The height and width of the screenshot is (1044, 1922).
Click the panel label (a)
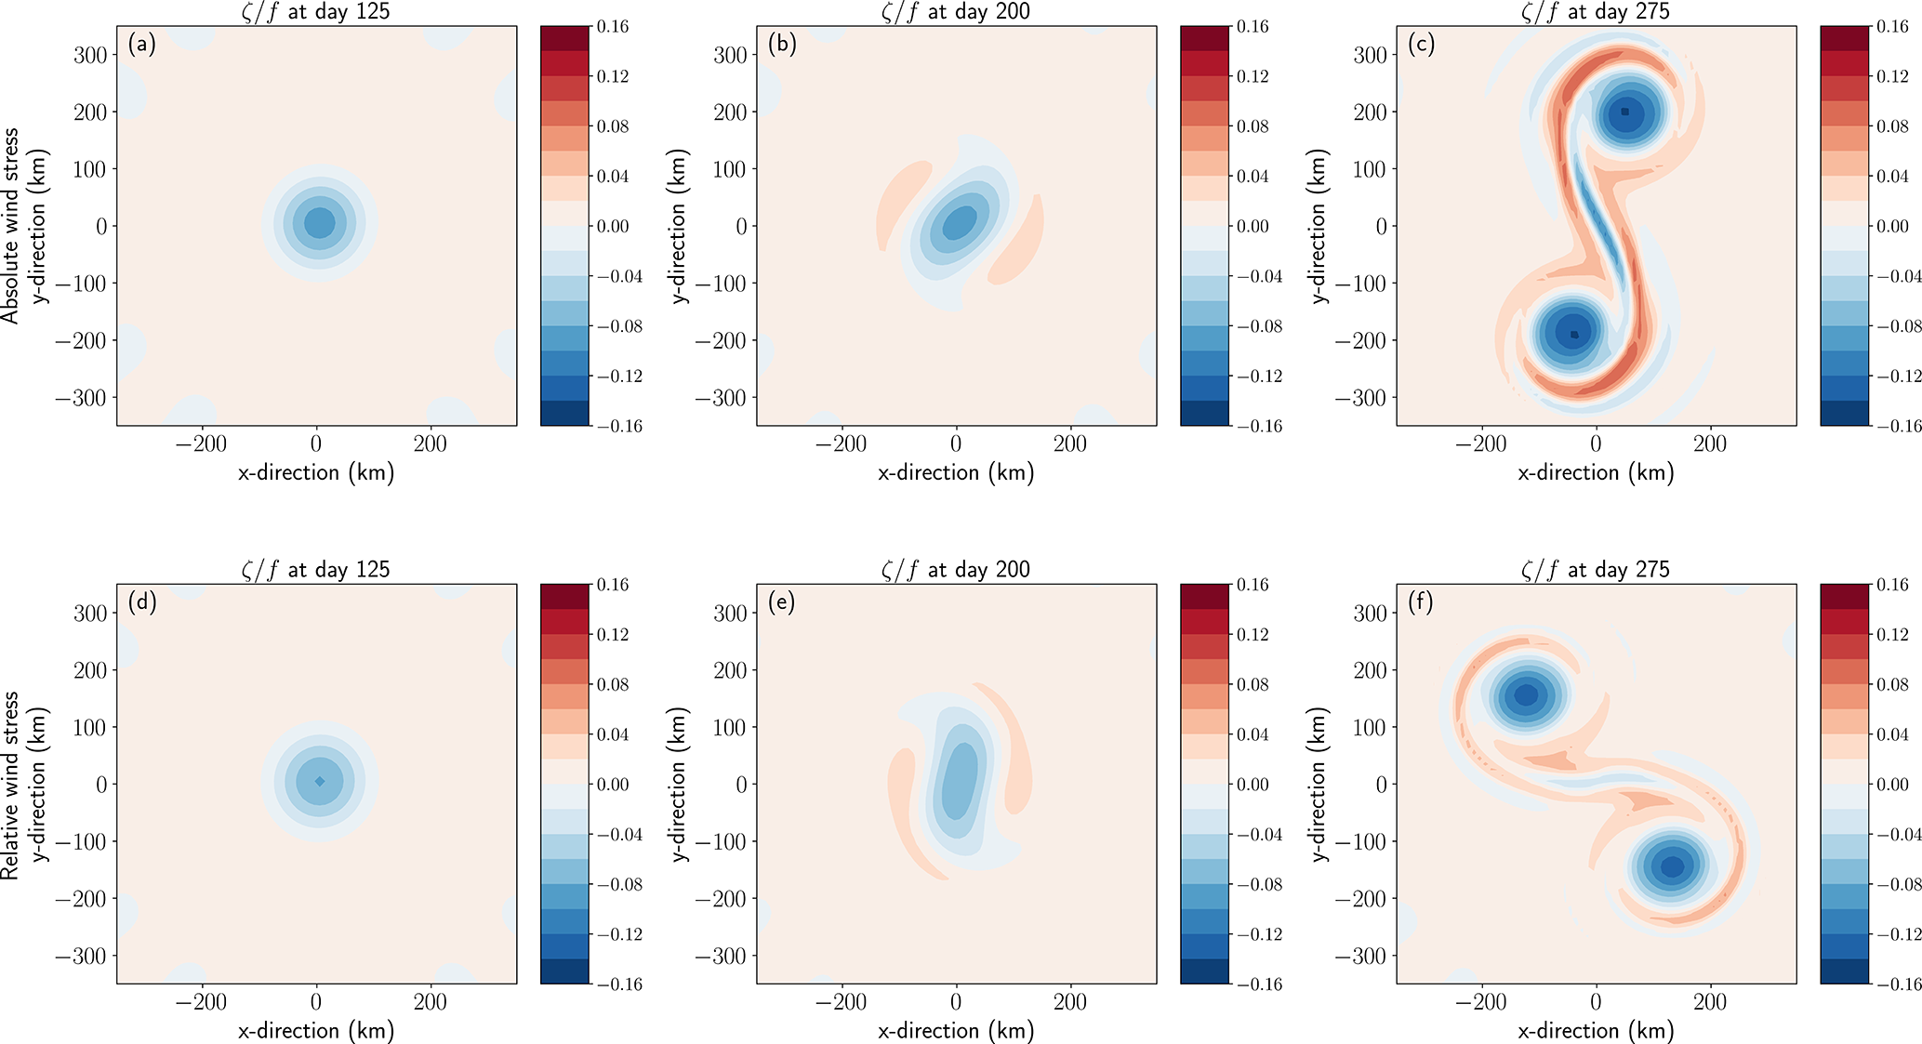pyautogui.click(x=142, y=45)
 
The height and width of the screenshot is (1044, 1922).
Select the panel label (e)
pyautogui.click(x=782, y=602)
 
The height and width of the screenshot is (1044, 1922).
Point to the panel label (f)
pyautogui.click(x=1421, y=602)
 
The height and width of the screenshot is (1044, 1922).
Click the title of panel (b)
pyautogui.click(x=956, y=12)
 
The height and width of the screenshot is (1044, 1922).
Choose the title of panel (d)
pyautogui.click(x=316, y=569)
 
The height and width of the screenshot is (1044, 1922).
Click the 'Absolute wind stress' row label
pyautogui.click(x=10, y=226)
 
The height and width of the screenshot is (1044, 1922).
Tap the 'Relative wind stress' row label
pyautogui.click(x=10, y=785)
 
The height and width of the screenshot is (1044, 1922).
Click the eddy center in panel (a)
pyautogui.click(x=319, y=223)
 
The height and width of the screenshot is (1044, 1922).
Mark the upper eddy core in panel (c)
pyautogui.click(x=1625, y=112)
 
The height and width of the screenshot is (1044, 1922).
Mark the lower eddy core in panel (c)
pyautogui.click(x=1574, y=334)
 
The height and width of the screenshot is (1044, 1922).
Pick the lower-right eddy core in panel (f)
pyautogui.click(x=1672, y=866)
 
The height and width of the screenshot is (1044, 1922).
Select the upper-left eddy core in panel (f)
pyautogui.click(x=1527, y=694)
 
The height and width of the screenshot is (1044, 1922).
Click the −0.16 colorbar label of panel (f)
pyautogui.click(x=1889, y=985)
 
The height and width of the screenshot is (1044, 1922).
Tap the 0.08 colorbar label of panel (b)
pyautogui.click(x=1253, y=126)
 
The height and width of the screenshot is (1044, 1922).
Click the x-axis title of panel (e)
pyautogui.click(x=956, y=1030)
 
